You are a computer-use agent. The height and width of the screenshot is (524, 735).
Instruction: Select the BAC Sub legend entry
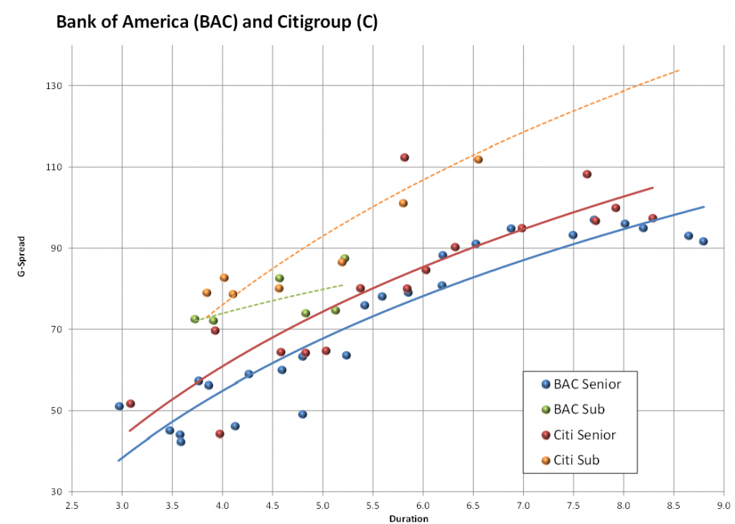[579, 409]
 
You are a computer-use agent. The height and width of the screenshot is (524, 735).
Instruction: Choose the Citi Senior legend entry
[584, 435]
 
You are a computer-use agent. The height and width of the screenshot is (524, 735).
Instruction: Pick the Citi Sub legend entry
[576, 460]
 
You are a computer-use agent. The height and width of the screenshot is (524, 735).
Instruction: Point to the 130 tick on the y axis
[55, 85]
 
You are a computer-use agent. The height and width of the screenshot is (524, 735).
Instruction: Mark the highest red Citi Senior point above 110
[404, 157]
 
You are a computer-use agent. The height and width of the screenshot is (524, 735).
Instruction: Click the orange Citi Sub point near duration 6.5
[478, 159]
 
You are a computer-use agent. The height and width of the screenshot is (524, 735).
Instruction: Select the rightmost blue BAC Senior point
[703, 241]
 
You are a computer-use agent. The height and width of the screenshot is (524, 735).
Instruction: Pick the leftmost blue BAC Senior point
[119, 406]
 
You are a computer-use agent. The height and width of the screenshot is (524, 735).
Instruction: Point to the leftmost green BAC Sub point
[195, 319]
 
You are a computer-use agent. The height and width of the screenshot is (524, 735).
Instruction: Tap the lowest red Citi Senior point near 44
[220, 434]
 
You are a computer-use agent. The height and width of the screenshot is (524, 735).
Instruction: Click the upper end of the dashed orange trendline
[678, 70]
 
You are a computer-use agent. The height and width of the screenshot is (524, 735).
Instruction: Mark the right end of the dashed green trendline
[342, 285]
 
